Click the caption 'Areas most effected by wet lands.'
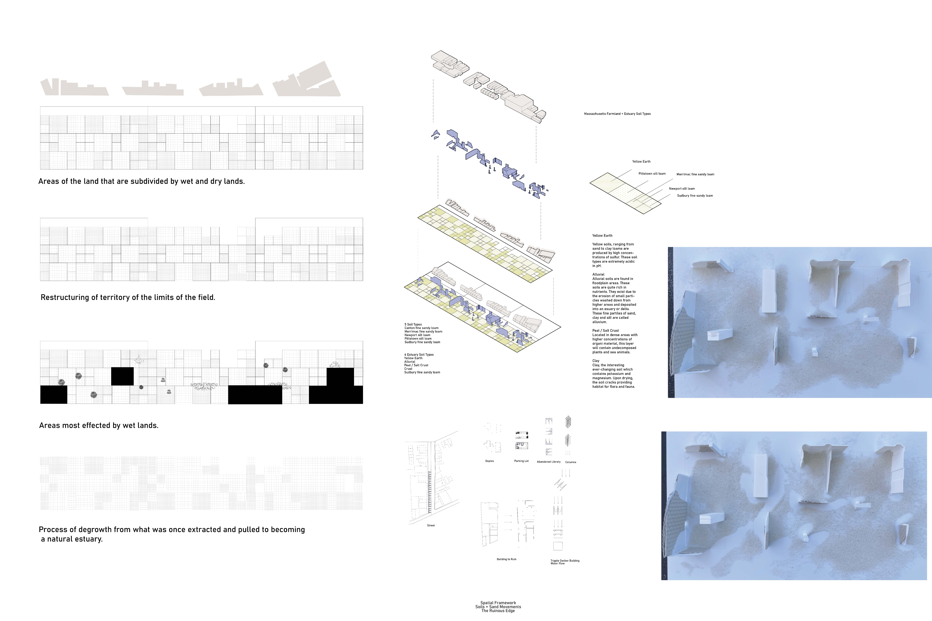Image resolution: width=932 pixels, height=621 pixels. tap(99, 425)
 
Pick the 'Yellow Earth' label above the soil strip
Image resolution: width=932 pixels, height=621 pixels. tap(641, 162)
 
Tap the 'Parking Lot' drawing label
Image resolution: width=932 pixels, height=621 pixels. tap(521, 461)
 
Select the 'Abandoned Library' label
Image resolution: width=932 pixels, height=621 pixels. tap(549, 462)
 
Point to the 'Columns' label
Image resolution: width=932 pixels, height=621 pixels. tap(571, 462)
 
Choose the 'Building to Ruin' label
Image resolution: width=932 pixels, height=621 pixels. tap(506, 559)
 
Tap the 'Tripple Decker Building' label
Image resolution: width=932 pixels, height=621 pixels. tap(565, 561)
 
